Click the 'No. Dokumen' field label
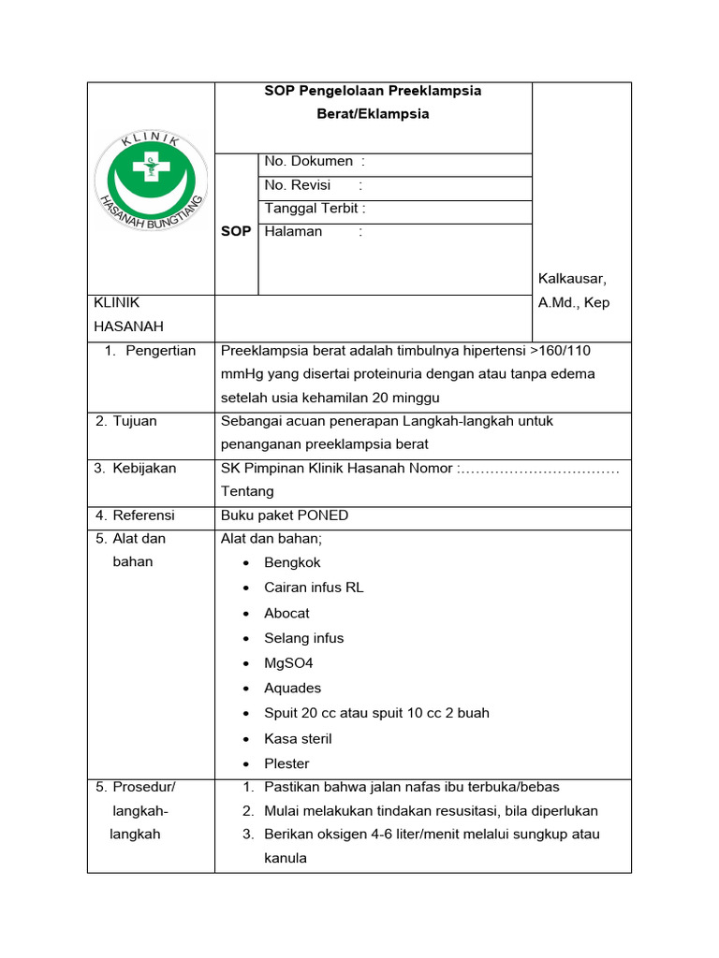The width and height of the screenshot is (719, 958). tap(308, 162)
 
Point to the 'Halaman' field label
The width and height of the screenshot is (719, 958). tap(293, 231)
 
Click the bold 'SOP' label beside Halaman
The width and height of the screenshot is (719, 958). tap(236, 231)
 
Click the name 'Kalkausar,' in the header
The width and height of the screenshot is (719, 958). tap(572, 279)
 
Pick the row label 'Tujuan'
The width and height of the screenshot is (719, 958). tap(135, 421)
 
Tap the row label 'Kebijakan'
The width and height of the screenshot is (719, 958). tap(144, 468)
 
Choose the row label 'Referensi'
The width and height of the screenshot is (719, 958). tap(143, 515)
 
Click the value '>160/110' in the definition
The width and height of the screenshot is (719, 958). tap(560, 351)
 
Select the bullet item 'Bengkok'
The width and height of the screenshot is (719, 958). tap(292, 562)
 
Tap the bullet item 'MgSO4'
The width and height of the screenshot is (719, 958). tap(288, 663)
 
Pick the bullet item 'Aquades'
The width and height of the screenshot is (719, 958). tap(292, 688)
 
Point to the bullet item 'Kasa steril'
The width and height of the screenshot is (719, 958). tap(298, 738)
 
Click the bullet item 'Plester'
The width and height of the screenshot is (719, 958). tap(286, 763)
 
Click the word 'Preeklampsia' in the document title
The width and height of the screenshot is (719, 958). tap(435, 91)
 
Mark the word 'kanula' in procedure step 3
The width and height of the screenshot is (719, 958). tap(286, 857)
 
